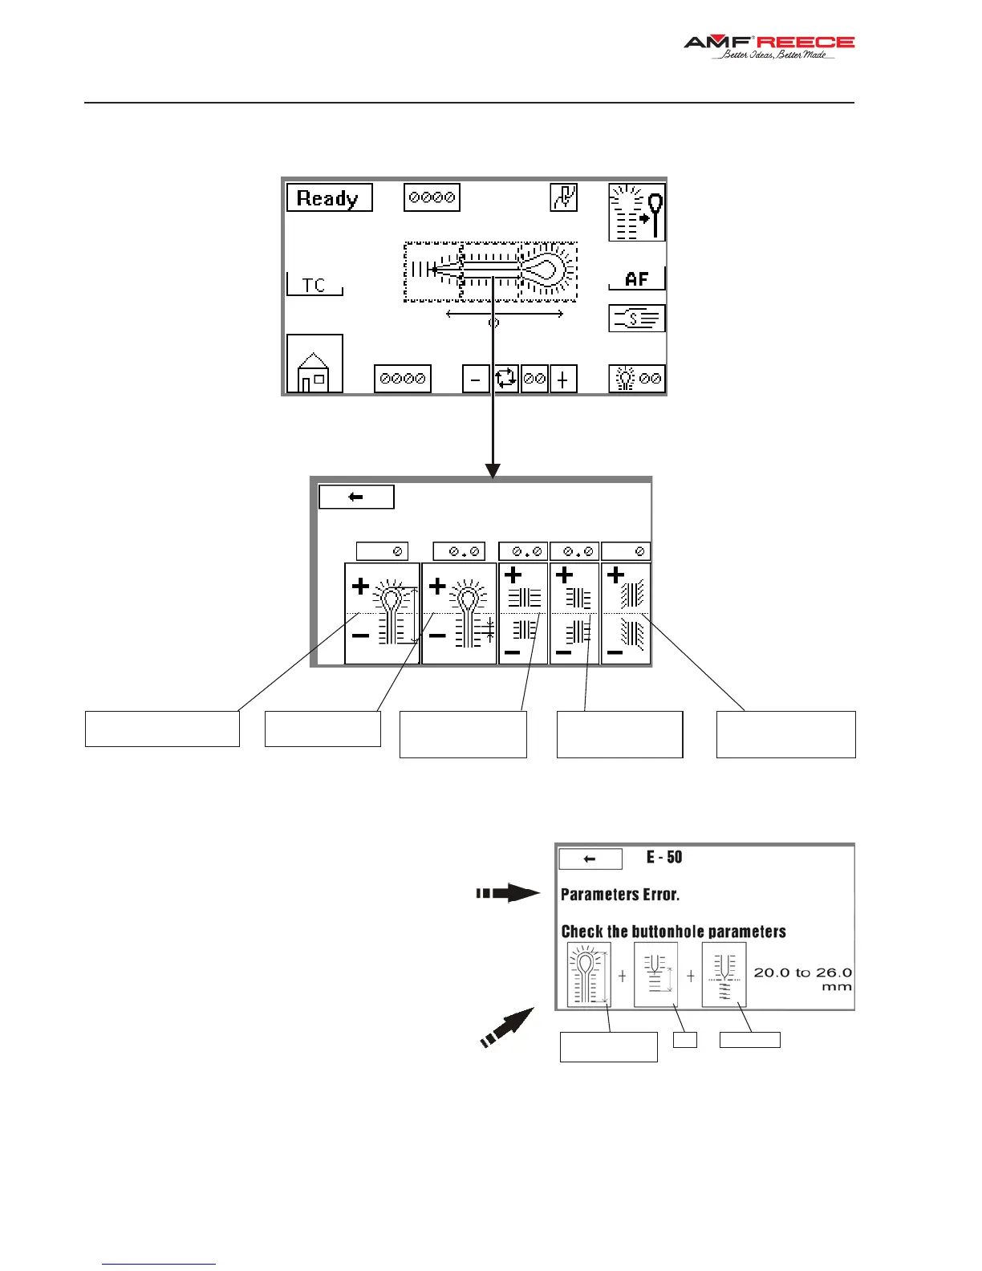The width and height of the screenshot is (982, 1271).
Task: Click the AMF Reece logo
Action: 768,47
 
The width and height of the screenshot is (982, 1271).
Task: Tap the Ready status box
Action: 329,198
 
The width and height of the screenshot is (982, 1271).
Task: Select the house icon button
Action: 314,364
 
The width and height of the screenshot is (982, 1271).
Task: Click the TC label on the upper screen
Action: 314,285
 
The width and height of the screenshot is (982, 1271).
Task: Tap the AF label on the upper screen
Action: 636,278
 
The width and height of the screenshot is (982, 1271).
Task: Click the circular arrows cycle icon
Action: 505,378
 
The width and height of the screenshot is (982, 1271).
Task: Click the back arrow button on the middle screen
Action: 356,497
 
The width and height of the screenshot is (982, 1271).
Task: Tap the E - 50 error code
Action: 664,857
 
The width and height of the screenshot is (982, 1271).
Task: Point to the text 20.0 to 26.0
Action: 802,973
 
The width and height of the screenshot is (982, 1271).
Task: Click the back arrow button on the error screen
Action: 590,859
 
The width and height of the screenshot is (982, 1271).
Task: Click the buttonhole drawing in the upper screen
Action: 490,271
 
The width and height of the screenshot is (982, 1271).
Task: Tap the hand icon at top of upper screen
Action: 563,197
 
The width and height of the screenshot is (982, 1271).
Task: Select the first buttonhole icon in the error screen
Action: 589,974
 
